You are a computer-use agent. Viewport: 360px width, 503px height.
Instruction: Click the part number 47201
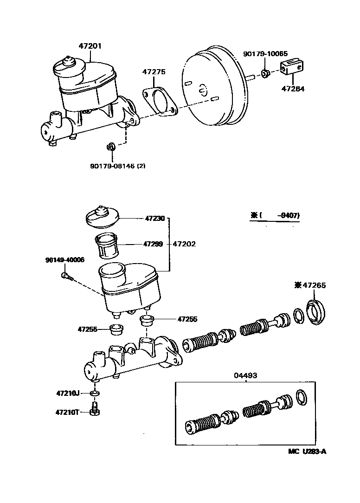(x=90, y=46)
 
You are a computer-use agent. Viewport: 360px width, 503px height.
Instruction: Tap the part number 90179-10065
(x=265, y=54)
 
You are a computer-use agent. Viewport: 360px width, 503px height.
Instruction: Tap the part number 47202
(x=184, y=244)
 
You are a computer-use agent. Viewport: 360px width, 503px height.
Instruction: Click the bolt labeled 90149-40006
(x=65, y=276)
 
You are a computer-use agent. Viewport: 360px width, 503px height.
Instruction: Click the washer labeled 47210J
(x=95, y=393)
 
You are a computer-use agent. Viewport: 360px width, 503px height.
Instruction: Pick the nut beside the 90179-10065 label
(x=266, y=73)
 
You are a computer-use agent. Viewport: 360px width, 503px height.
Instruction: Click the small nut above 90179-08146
(x=110, y=147)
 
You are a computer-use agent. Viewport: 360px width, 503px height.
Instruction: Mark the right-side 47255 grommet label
(x=187, y=319)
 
